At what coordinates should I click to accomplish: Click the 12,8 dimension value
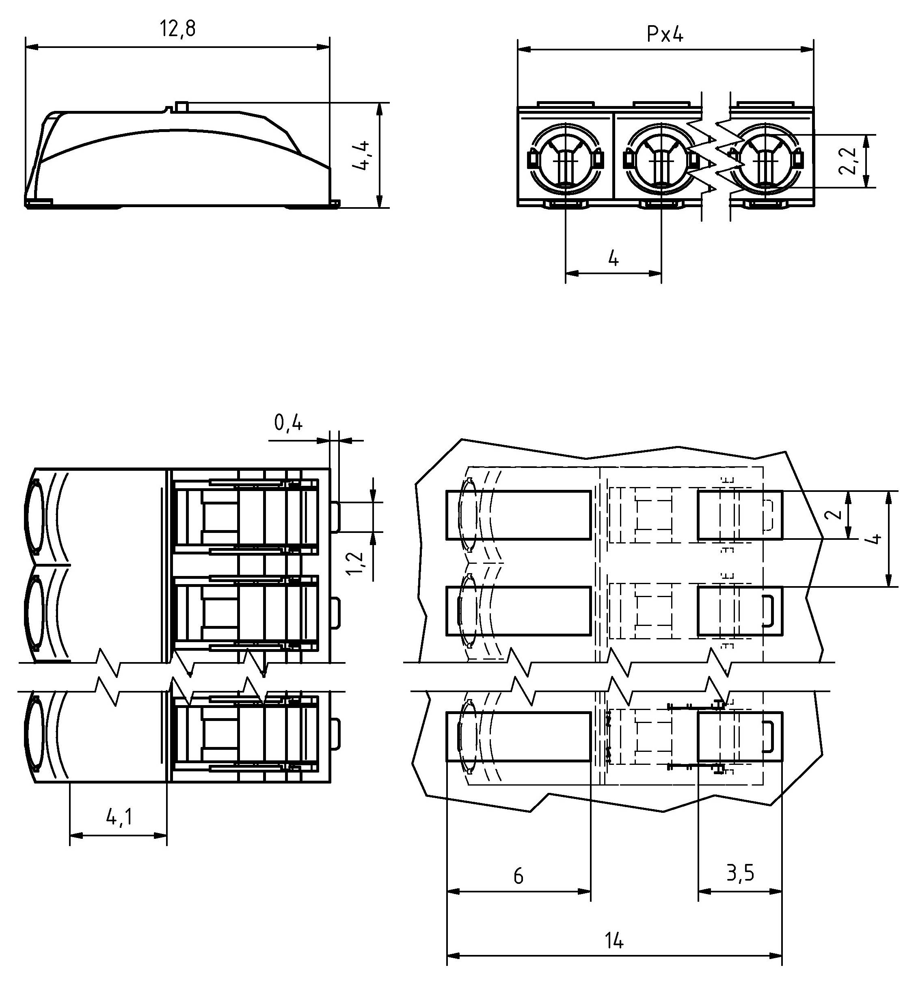177,29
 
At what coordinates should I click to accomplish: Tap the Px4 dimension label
665,34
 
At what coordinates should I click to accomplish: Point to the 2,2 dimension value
848,161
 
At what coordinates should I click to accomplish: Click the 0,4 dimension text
288,423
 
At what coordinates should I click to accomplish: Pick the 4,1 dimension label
119,817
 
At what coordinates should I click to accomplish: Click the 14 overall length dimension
614,940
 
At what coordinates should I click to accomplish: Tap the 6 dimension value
518,876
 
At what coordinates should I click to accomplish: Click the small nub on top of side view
182,106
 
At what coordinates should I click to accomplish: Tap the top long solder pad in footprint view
518,515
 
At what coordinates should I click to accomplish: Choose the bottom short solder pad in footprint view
740,736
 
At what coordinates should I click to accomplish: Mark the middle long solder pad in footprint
518,611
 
